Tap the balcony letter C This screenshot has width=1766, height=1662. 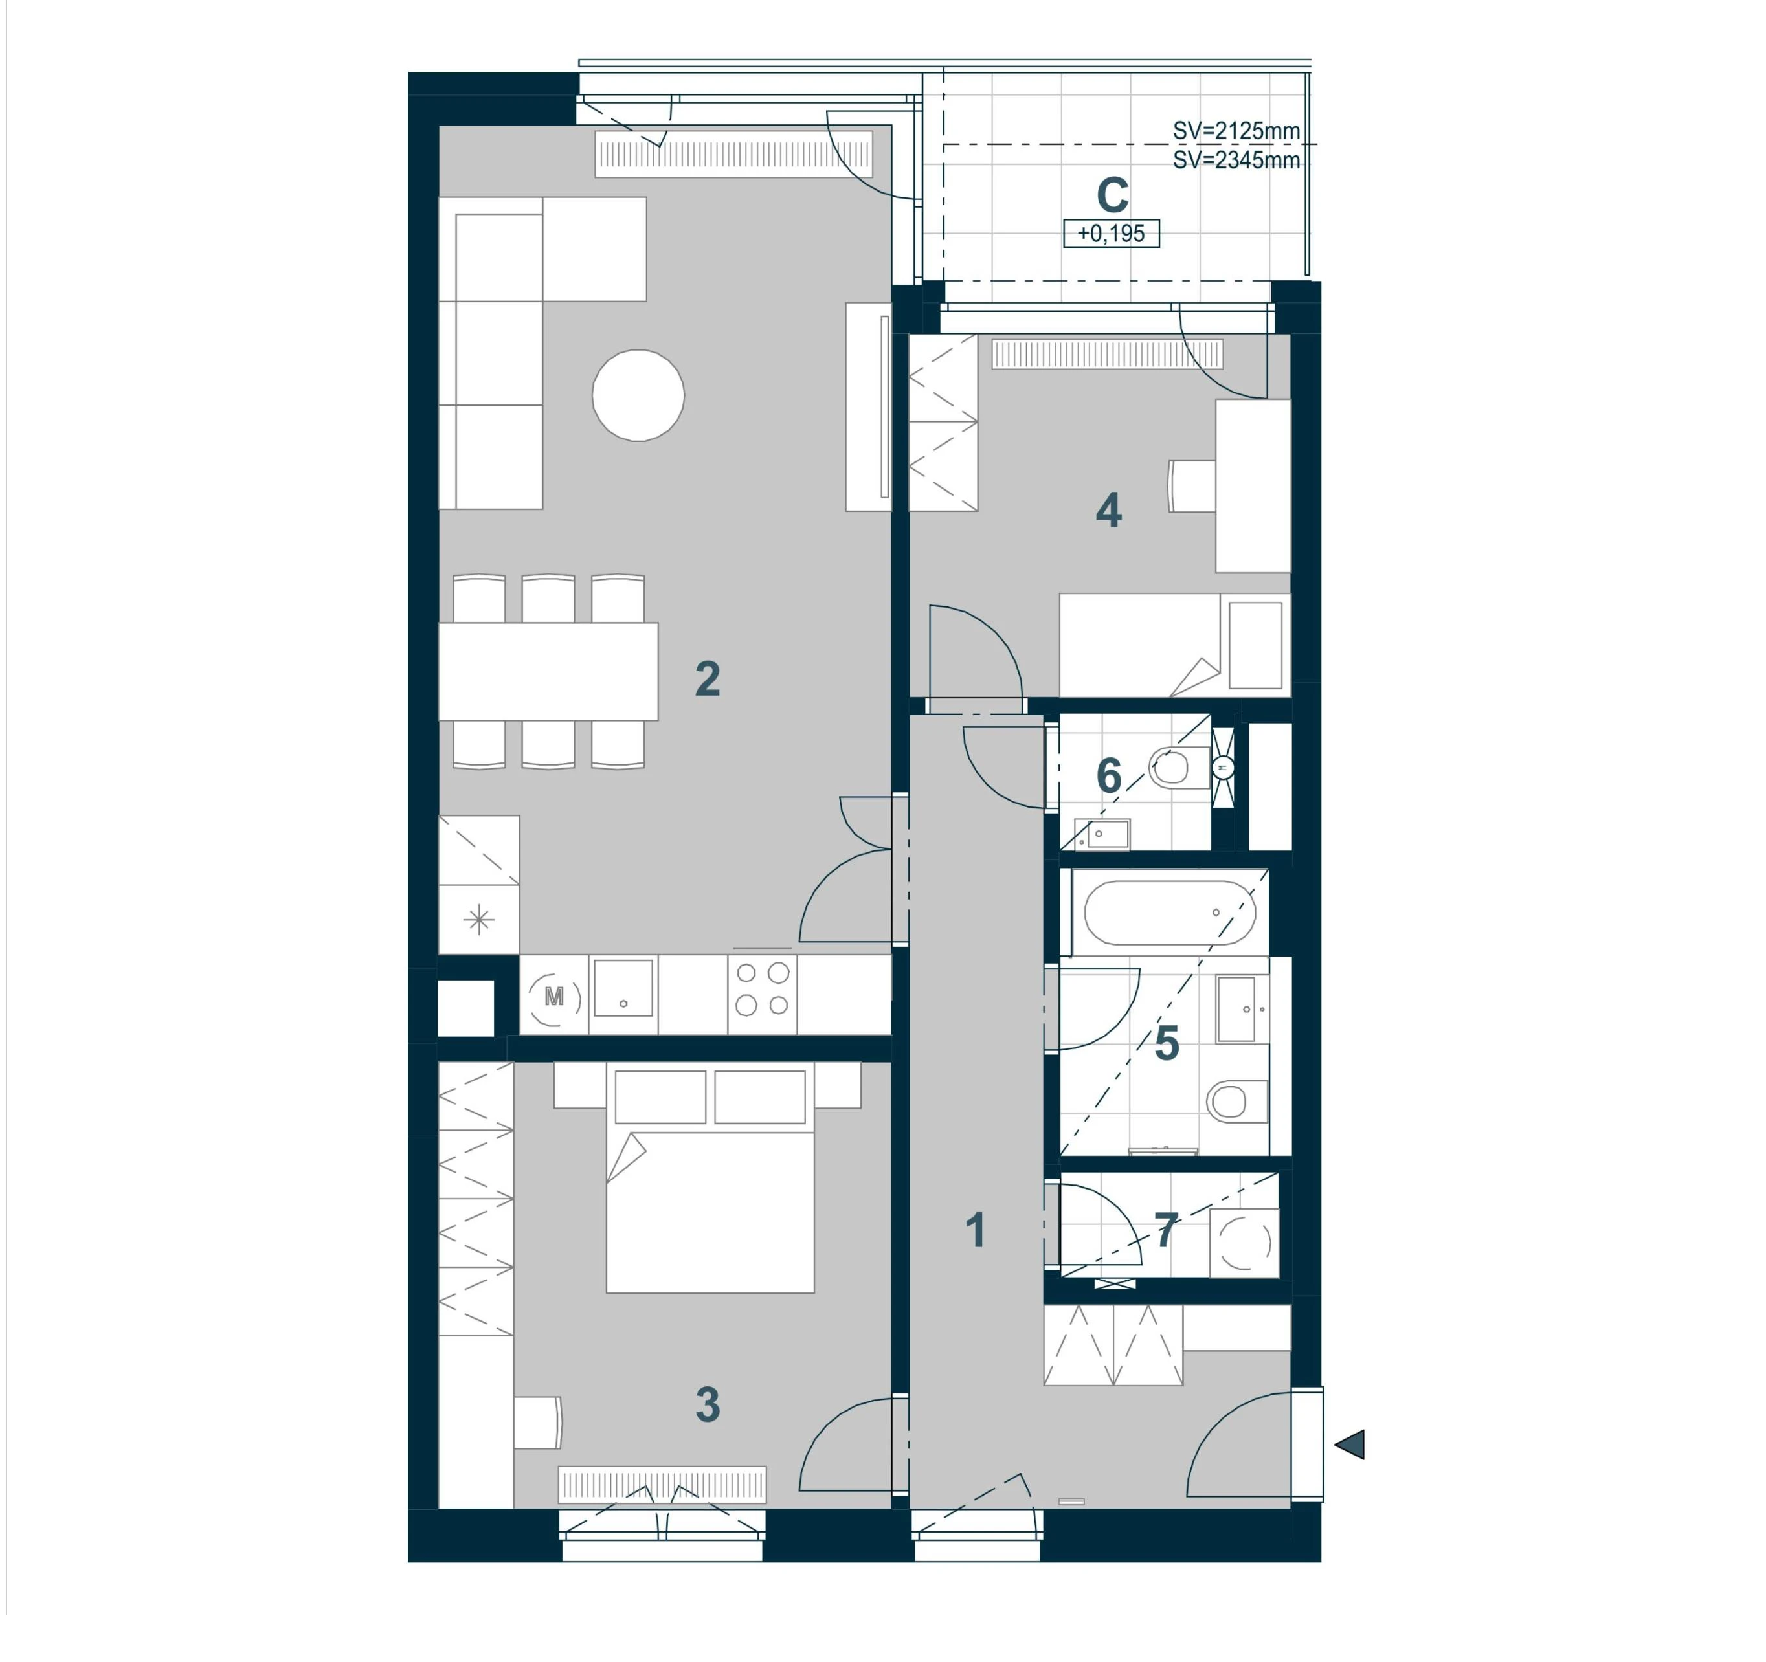[x=1112, y=195]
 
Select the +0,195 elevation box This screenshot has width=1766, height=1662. [x=1112, y=234]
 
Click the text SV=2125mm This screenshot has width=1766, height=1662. [x=1236, y=131]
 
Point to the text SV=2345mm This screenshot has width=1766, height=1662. [x=1236, y=160]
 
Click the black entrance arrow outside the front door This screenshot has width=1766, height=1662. [x=1350, y=1445]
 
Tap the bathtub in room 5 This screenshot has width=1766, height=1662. [x=1169, y=913]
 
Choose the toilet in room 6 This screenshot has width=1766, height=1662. [x=1179, y=768]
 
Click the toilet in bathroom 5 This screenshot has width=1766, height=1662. [x=1236, y=1102]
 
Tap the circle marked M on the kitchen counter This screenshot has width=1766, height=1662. [x=553, y=997]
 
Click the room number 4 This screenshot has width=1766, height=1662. [x=1109, y=511]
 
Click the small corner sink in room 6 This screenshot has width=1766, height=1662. [x=1102, y=834]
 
